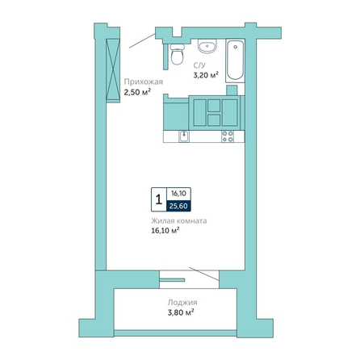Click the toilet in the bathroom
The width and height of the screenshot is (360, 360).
pos(178,54)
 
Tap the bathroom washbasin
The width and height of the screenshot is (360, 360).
pos(207,46)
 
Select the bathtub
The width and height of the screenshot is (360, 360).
pos(235,61)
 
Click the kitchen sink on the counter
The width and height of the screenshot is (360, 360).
pos(184,136)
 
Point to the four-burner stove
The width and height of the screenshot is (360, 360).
pos(228,136)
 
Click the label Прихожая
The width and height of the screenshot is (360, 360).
pos(144,82)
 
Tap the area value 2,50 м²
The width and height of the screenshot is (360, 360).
pos(137,92)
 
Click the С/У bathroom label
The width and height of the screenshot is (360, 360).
pos(199,65)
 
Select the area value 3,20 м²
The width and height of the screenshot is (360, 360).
pos(206,75)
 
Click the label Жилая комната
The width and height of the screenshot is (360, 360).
pos(179,221)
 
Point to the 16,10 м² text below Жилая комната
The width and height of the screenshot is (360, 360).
pos(165,231)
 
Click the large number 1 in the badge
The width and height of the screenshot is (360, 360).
pos(159,199)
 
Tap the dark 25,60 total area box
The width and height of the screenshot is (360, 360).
pos(179,206)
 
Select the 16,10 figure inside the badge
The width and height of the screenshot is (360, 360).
pos(179,194)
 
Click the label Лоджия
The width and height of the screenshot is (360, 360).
pos(182,303)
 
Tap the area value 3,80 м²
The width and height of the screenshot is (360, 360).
pos(181,312)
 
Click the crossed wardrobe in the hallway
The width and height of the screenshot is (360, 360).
pos(113,70)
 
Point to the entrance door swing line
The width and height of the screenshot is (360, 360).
pos(142,40)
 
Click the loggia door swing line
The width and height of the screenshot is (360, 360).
pos(204,274)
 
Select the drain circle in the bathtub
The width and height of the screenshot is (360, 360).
pos(236,47)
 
